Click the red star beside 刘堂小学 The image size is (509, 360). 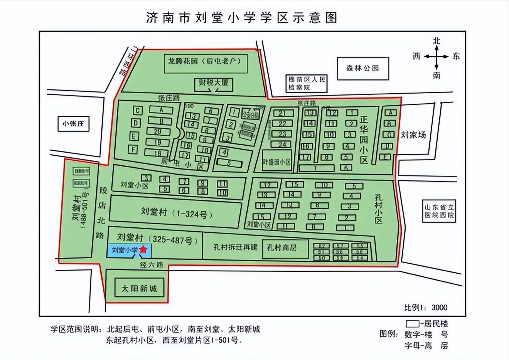[143, 250]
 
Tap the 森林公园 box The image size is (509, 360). [362, 68]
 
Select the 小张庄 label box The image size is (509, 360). [73, 124]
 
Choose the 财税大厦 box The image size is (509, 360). [213, 83]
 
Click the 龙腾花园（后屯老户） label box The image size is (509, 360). [206, 61]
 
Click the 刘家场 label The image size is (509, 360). [413, 135]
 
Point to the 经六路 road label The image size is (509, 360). [152, 265]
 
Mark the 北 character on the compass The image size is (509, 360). [437, 40]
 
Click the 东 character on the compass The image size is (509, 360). [456, 56]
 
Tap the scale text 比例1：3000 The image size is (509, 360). [426, 307]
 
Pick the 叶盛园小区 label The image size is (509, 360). [276, 162]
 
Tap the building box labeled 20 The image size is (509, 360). [157, 131]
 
